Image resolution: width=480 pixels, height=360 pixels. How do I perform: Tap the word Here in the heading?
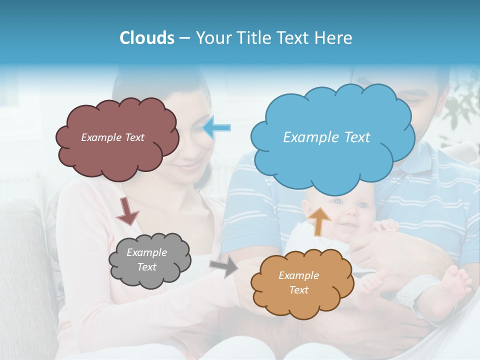tap(335, 38)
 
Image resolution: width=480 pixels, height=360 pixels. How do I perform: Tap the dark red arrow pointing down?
tap(127, 210)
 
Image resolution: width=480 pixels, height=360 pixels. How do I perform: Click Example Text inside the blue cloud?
tap(326, 137)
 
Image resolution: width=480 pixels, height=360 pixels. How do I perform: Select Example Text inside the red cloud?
tap(112, 137)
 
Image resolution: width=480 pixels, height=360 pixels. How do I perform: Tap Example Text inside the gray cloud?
tap(147, 259)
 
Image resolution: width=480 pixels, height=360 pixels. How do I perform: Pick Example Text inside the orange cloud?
tap(298, 282)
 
